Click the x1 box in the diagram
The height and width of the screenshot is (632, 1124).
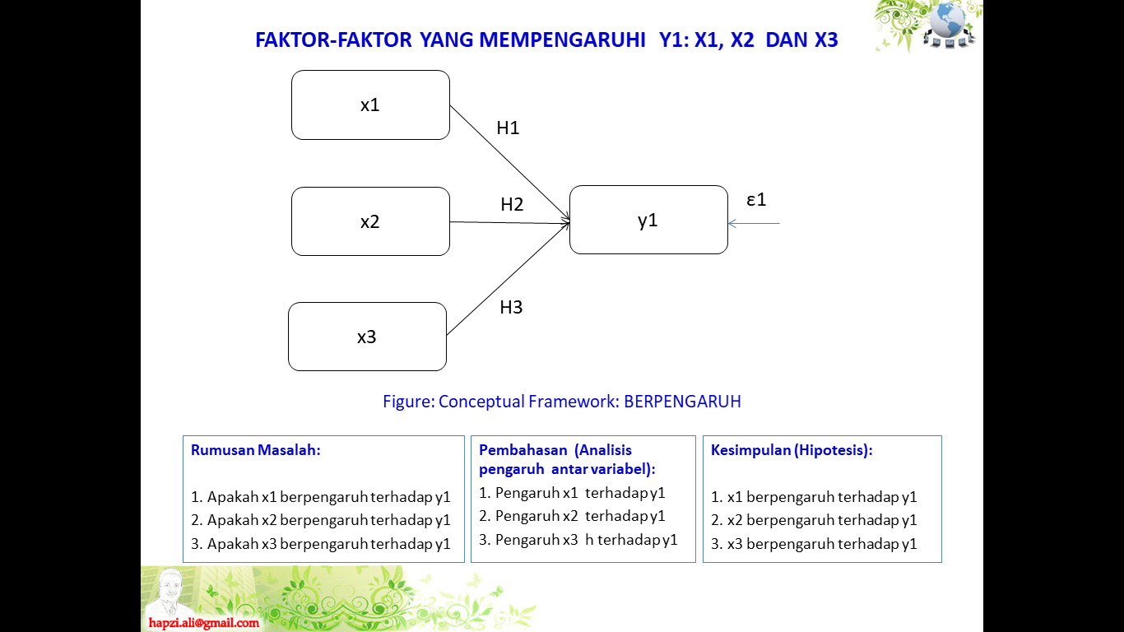[370, 105]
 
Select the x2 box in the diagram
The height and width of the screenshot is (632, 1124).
[370, 221]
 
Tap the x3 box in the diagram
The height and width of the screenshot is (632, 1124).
[367, 337]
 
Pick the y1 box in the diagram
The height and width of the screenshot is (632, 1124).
[648, 220]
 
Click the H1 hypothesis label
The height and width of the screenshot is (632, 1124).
[508, 128]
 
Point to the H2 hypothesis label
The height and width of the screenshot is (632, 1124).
[512, 205]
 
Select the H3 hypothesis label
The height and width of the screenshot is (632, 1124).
[511, 308]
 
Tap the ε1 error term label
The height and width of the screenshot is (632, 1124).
[756, 199]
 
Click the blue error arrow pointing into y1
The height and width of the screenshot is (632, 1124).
[754, 223]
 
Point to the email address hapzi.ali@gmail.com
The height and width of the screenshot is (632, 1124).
[204, 623]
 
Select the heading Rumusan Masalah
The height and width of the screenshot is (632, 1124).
[255, 450]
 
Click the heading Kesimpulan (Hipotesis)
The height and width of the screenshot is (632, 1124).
[792, 450]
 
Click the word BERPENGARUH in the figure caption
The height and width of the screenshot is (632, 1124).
[682, 402]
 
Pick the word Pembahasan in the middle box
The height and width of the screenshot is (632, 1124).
[523, 450]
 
